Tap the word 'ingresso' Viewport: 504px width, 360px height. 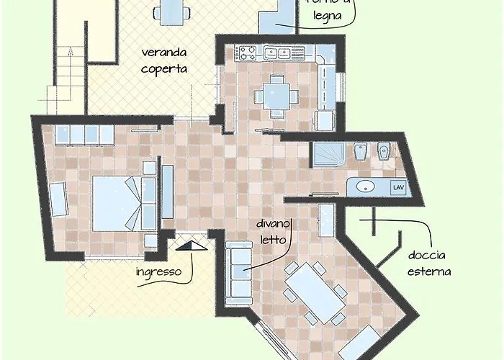point(164,273)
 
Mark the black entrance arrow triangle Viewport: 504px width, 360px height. point(191,247)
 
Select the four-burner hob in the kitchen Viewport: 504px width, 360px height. point(248,52)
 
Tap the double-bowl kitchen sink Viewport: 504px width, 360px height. point(277,52)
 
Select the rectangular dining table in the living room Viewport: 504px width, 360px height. point(315,292)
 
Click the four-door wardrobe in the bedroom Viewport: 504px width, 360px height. point(84,134)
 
